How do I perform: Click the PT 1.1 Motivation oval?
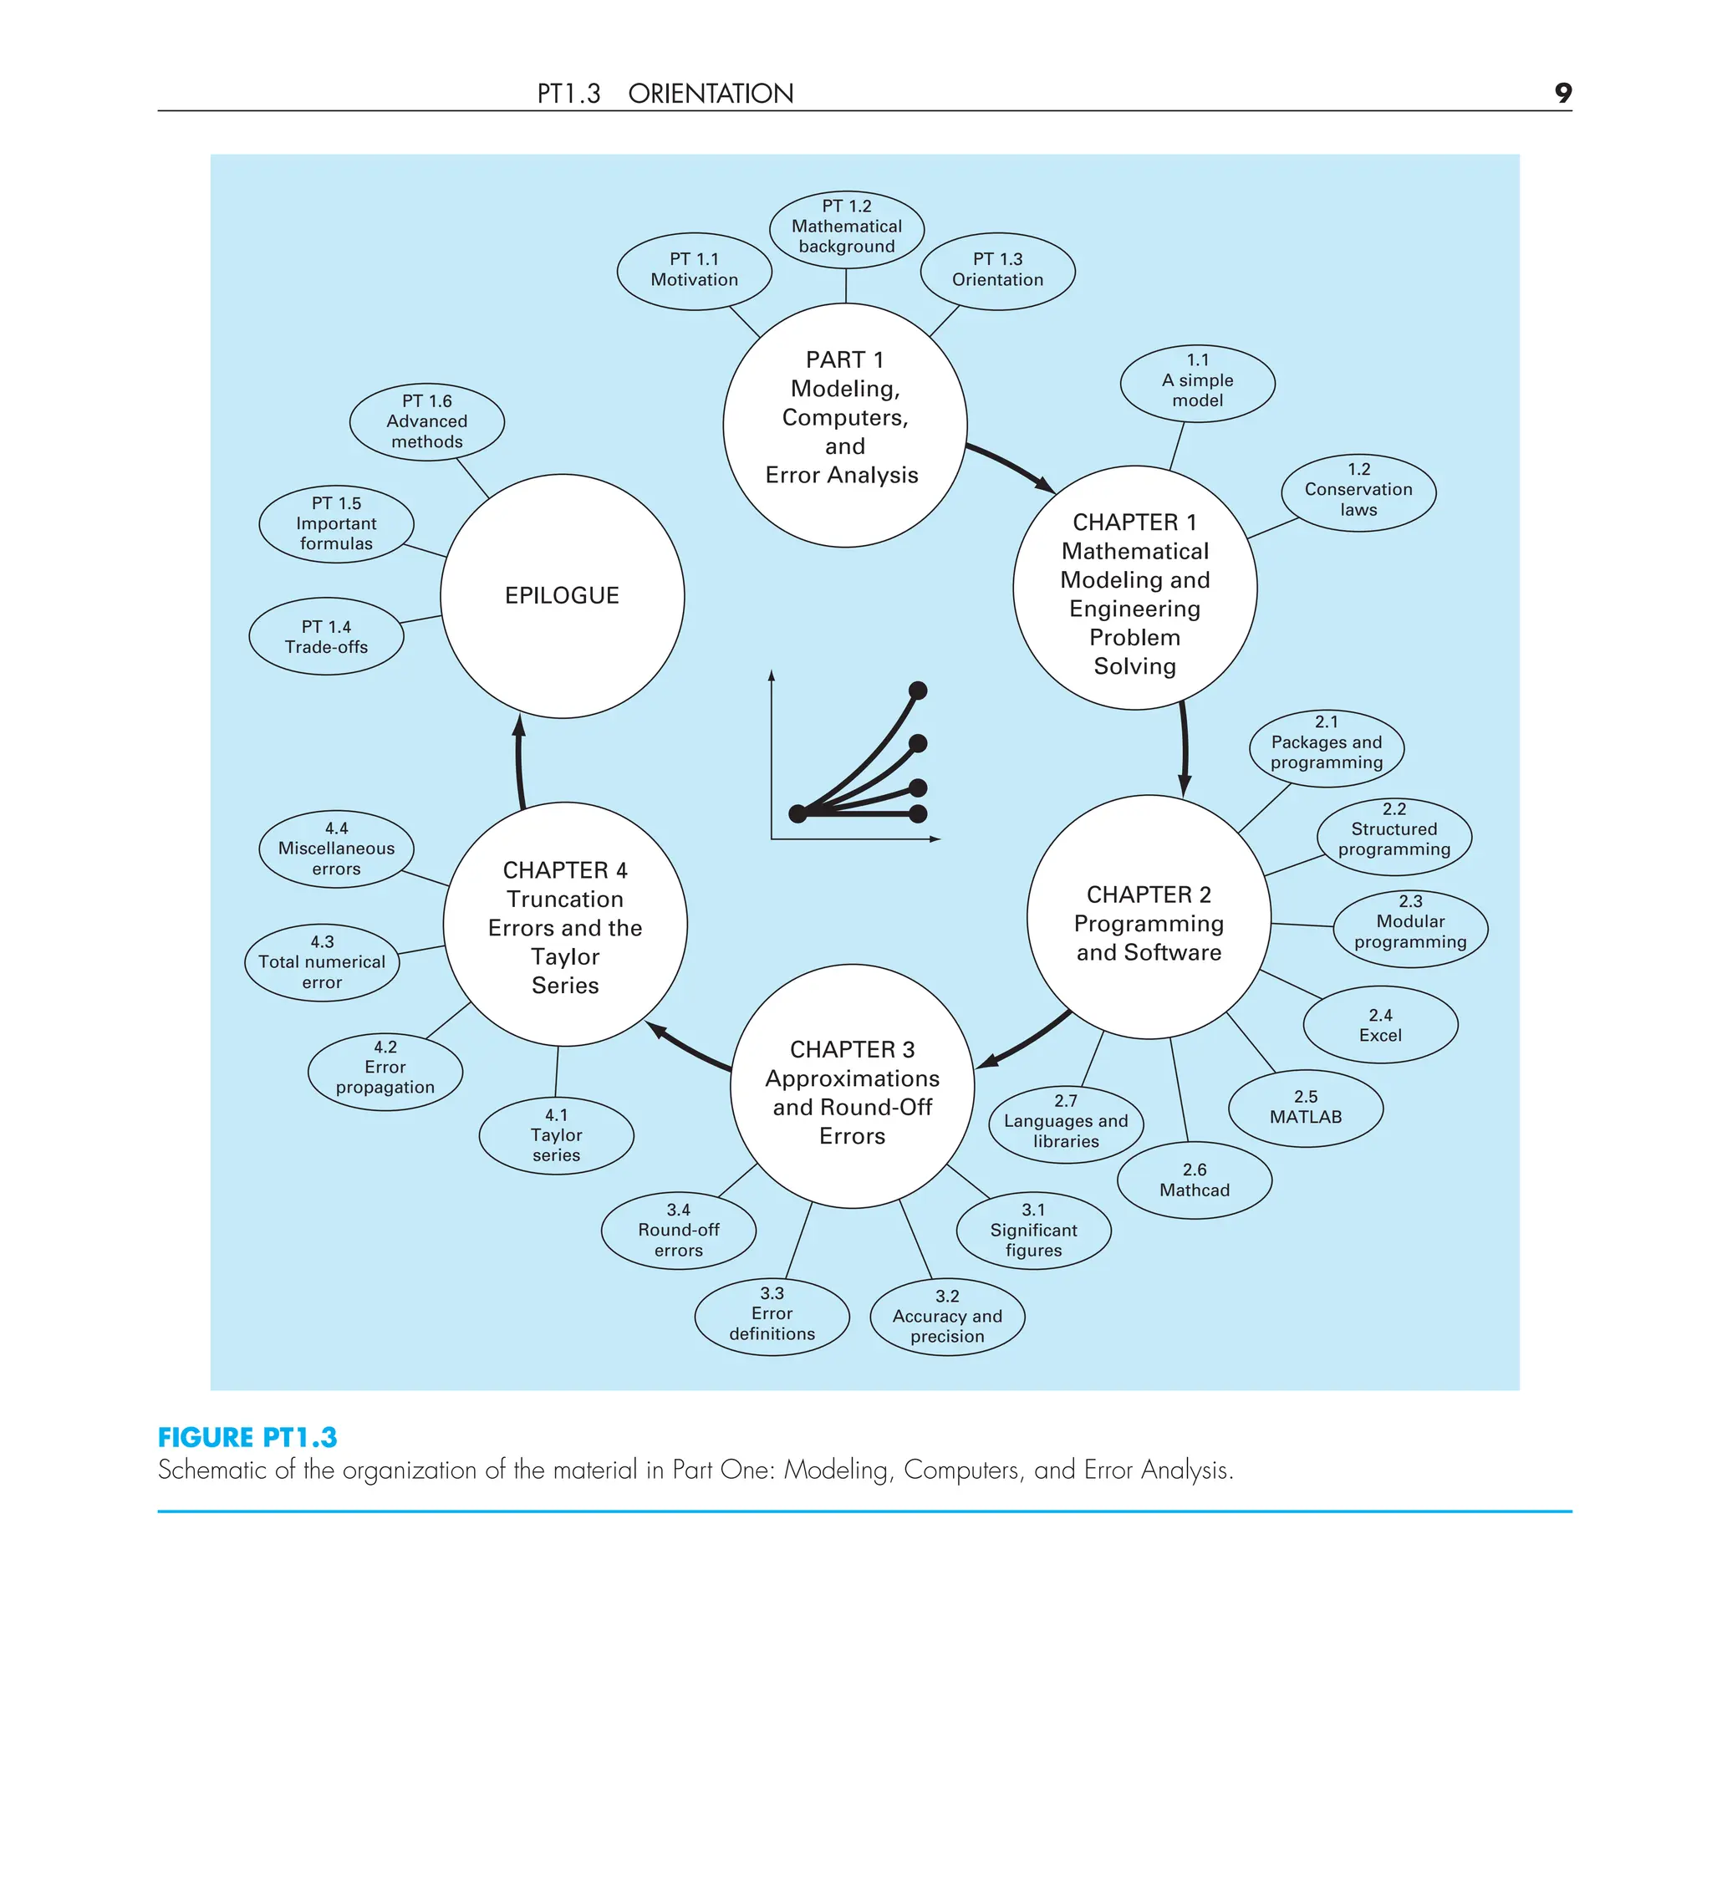(x=694, y=270)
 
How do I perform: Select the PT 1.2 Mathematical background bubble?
(x=846, y=228)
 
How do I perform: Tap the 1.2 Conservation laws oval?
(x=1358, y=491)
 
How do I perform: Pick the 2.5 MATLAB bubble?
(x=1306, y=1108)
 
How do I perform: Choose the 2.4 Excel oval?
(x=1380, y=1025)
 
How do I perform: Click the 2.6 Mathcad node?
(x=1195, y=1180)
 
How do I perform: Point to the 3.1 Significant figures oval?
(x=1033, y=1231)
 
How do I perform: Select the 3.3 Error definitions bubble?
(x=772, y=1314)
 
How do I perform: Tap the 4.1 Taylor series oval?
(x=556, y=1136)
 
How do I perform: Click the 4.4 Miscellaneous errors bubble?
(x=336, y=849)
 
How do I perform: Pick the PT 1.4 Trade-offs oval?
(x=327, y=637)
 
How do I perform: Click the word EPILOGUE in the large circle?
(x=562, y=595)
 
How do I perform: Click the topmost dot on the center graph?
(x=919, y=691)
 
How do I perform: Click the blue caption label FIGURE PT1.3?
(x=247, y=1438)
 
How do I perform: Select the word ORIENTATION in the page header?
(x=710, y=94)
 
